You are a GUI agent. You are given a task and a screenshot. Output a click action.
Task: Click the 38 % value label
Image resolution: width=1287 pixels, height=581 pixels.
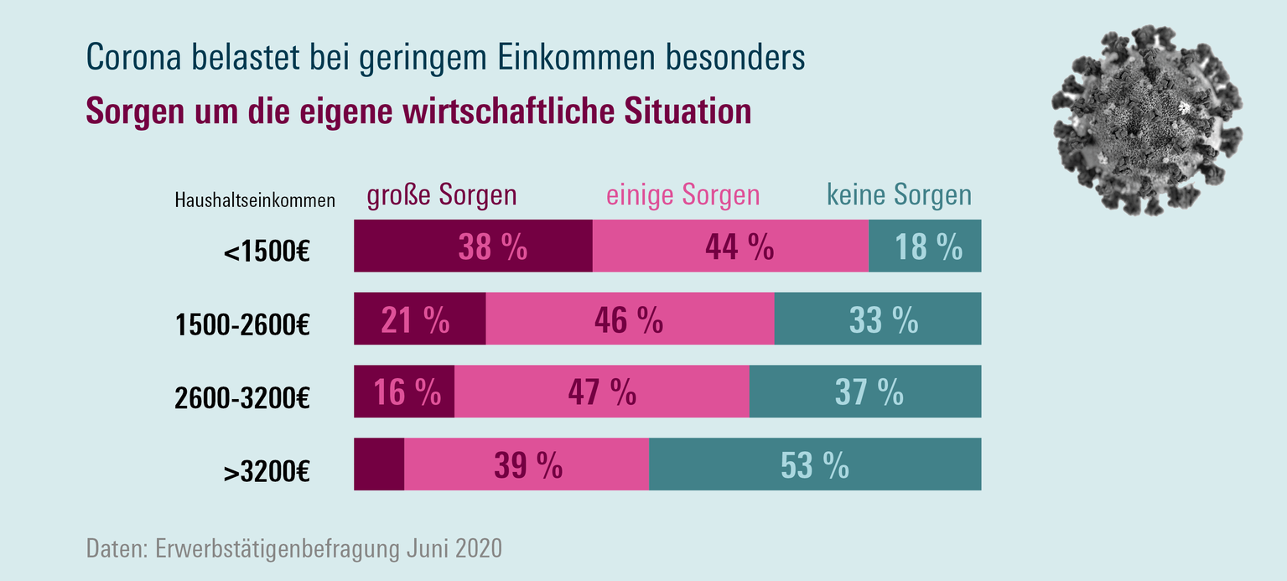pos(492,246)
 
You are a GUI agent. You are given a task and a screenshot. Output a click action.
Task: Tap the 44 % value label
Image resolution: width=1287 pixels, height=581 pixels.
pos(739,246)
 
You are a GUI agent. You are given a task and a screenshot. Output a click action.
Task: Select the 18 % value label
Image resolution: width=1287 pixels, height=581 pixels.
pos(928,246)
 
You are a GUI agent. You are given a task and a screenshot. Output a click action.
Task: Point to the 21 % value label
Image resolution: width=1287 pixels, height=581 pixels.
pos(415,319)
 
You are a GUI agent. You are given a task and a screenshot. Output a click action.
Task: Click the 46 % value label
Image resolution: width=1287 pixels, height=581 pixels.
pos(629,319)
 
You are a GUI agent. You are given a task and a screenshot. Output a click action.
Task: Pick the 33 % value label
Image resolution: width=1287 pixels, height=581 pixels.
pos(884,319)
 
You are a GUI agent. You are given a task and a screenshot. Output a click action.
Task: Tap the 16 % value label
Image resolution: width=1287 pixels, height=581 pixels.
pos(407,392)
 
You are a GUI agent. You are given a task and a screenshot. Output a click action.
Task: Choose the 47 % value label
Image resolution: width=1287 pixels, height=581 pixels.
pos(602,392)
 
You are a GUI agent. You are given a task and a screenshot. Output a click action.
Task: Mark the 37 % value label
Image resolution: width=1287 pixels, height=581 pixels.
pos(869,392)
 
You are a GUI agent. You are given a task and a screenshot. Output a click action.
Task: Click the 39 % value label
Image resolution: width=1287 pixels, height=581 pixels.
pos(527,464)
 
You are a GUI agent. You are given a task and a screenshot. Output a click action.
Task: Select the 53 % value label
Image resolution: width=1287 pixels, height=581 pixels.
pos(814,464)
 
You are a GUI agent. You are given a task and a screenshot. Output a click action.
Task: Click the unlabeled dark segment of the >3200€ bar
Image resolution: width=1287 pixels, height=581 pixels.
pos(379,464)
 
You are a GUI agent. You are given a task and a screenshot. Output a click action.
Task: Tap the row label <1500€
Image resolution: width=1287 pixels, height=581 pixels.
pos(267,251)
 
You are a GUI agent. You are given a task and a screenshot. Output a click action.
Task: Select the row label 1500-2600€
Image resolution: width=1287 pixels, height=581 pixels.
pos(242,324)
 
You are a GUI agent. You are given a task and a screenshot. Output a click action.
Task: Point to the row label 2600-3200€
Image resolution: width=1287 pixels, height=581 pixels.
pos(242,397)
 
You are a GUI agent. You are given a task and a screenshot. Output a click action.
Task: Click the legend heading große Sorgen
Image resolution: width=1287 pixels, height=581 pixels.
pos(442,195)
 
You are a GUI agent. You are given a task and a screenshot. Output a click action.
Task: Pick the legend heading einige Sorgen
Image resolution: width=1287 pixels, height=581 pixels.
pos(682,195)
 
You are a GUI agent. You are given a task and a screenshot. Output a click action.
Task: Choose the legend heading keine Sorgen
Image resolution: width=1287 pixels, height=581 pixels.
pos(899,195)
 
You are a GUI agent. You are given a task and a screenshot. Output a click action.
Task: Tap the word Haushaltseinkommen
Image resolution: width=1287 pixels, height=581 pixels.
pos(255,200)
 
